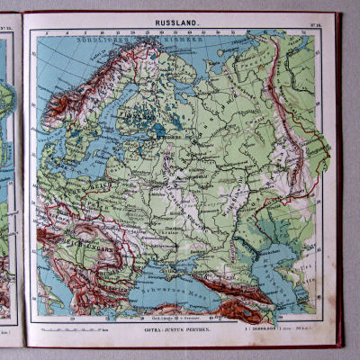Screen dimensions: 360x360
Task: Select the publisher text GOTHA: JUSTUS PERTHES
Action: click(182, 331)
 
